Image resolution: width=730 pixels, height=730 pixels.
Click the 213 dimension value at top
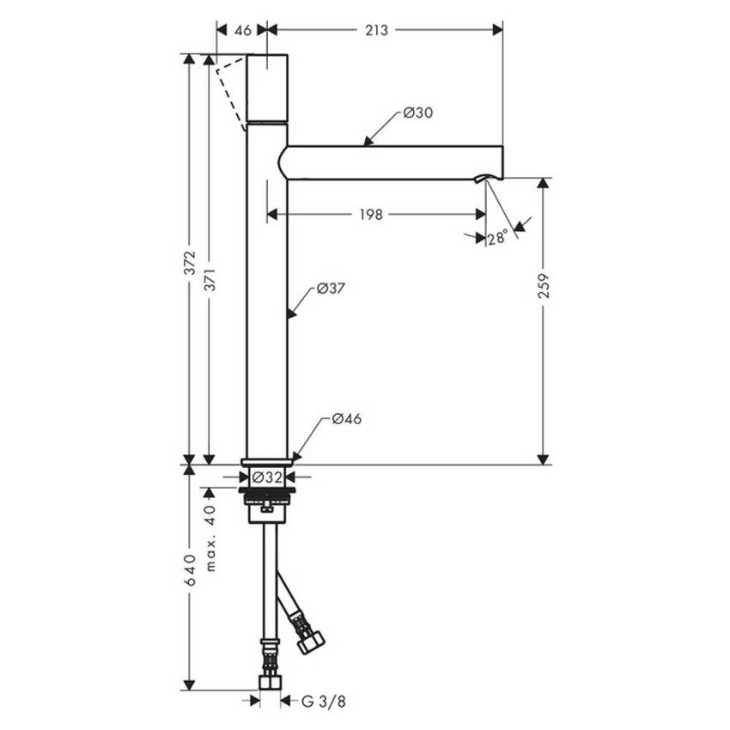click(376, 30)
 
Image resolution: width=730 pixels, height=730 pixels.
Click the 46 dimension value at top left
click(242, 30)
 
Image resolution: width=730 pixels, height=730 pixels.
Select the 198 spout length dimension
click(370, 215)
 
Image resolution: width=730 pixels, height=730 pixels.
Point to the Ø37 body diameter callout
click(331, 289)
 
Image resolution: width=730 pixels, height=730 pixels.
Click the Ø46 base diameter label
click(346, 419)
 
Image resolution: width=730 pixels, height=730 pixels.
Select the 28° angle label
click(497, 239)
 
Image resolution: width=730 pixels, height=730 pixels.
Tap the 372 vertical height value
click(190, 262)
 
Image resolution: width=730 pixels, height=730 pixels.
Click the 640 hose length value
click(190, 569)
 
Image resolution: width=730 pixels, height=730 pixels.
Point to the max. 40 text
click(211, 538)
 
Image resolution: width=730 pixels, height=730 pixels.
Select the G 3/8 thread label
click(324, 701)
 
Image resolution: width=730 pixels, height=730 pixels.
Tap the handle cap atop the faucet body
click(267, 87)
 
